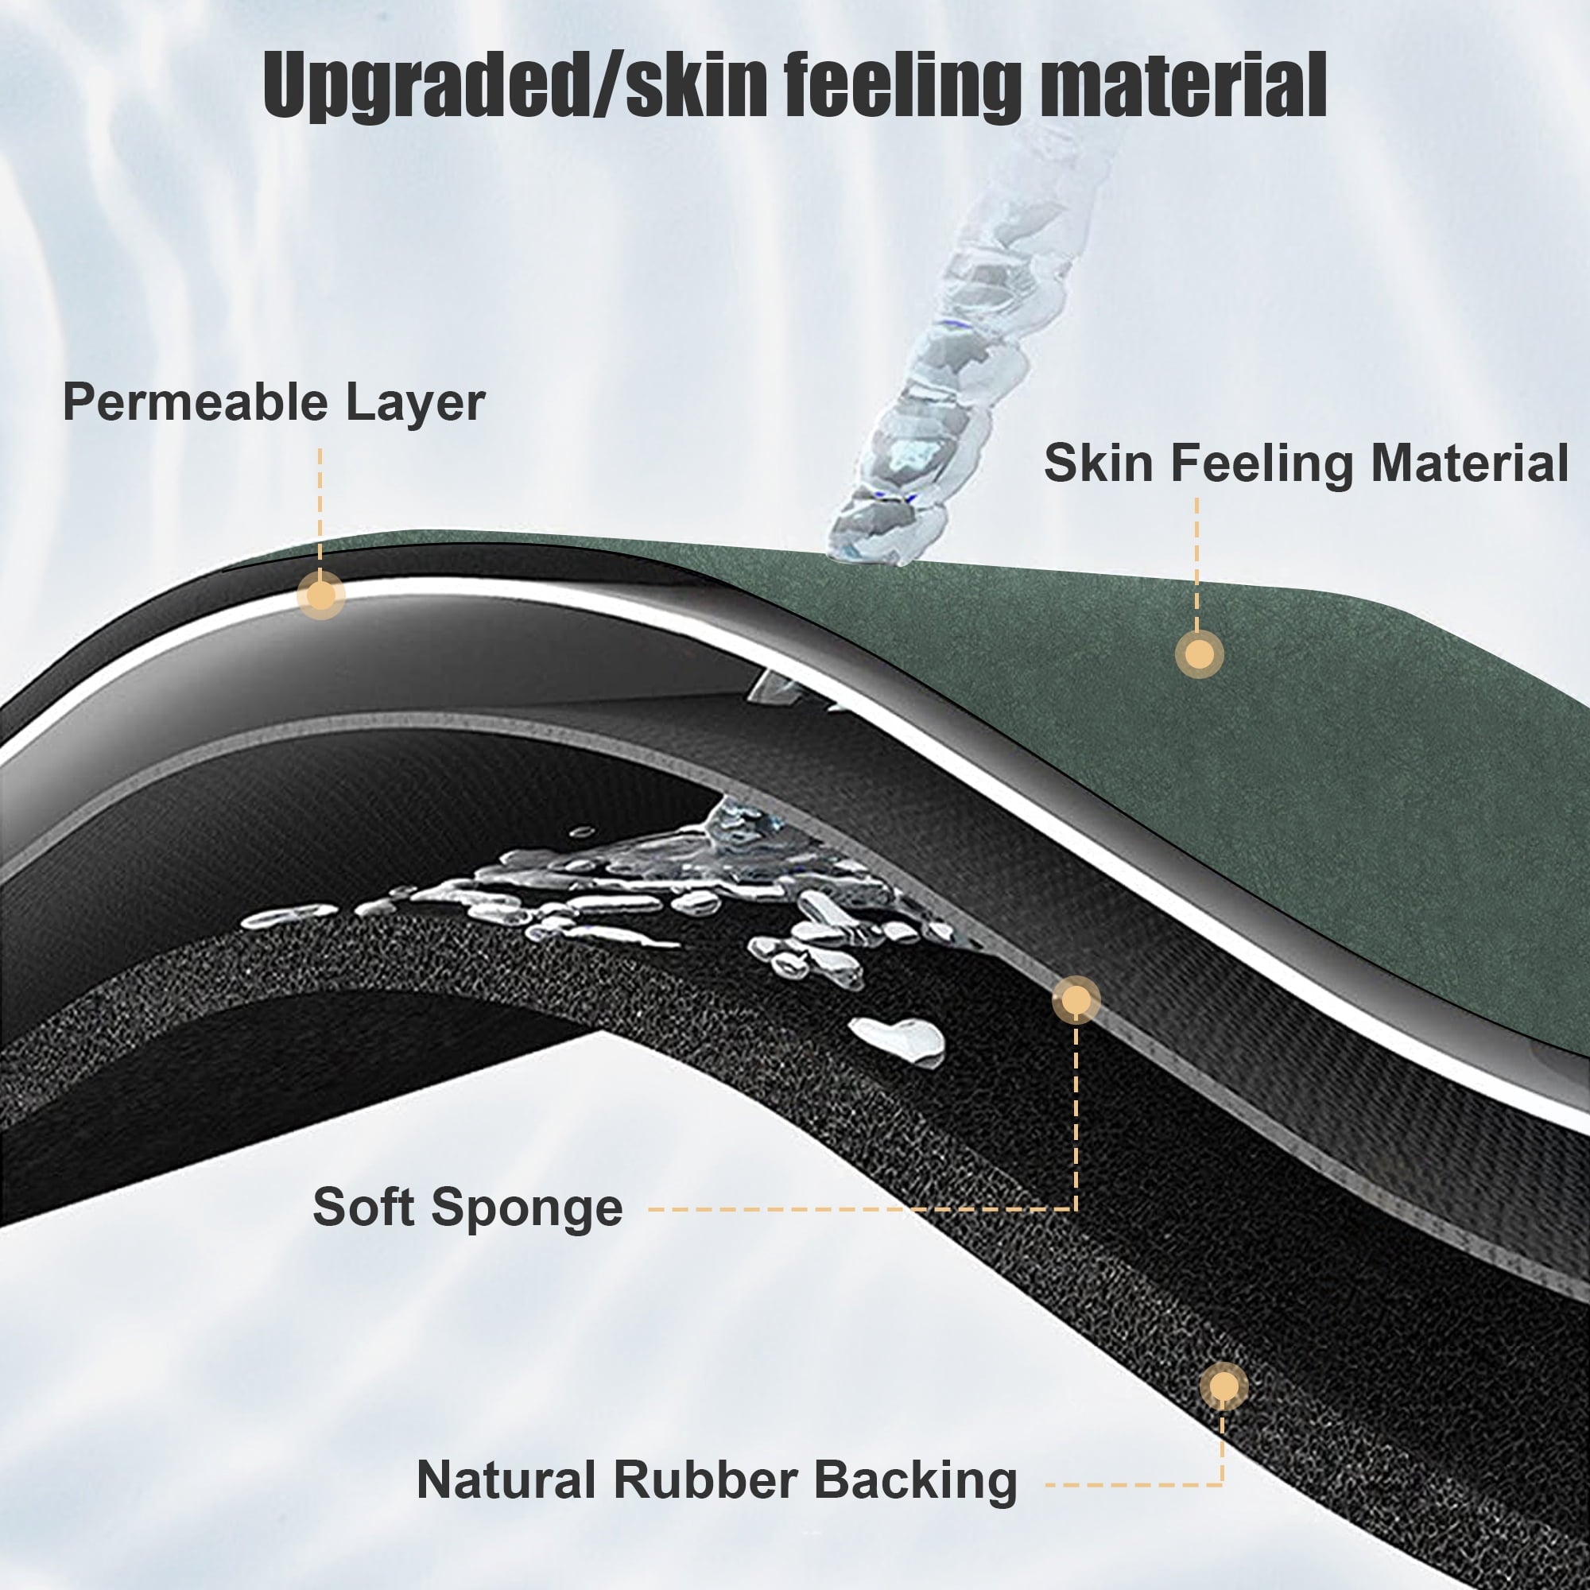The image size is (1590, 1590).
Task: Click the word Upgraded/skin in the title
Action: coord(515,87)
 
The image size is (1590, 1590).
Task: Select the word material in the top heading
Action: coord(1183,85)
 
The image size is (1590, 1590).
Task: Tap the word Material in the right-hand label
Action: coord(1470,463)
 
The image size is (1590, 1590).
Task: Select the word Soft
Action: coord(364,1208)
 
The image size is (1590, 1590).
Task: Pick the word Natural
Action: coord(506,1480)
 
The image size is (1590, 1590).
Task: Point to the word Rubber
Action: coord(704,1480)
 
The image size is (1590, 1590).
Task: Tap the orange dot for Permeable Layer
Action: coord(321,594)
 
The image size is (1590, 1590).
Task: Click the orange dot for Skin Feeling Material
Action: coord(1199,654)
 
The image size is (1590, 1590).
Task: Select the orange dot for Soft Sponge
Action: coord(1076,1000)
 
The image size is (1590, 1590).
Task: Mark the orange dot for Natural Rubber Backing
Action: coord(1223,1386)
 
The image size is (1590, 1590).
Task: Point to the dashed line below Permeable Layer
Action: coord(320,509)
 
